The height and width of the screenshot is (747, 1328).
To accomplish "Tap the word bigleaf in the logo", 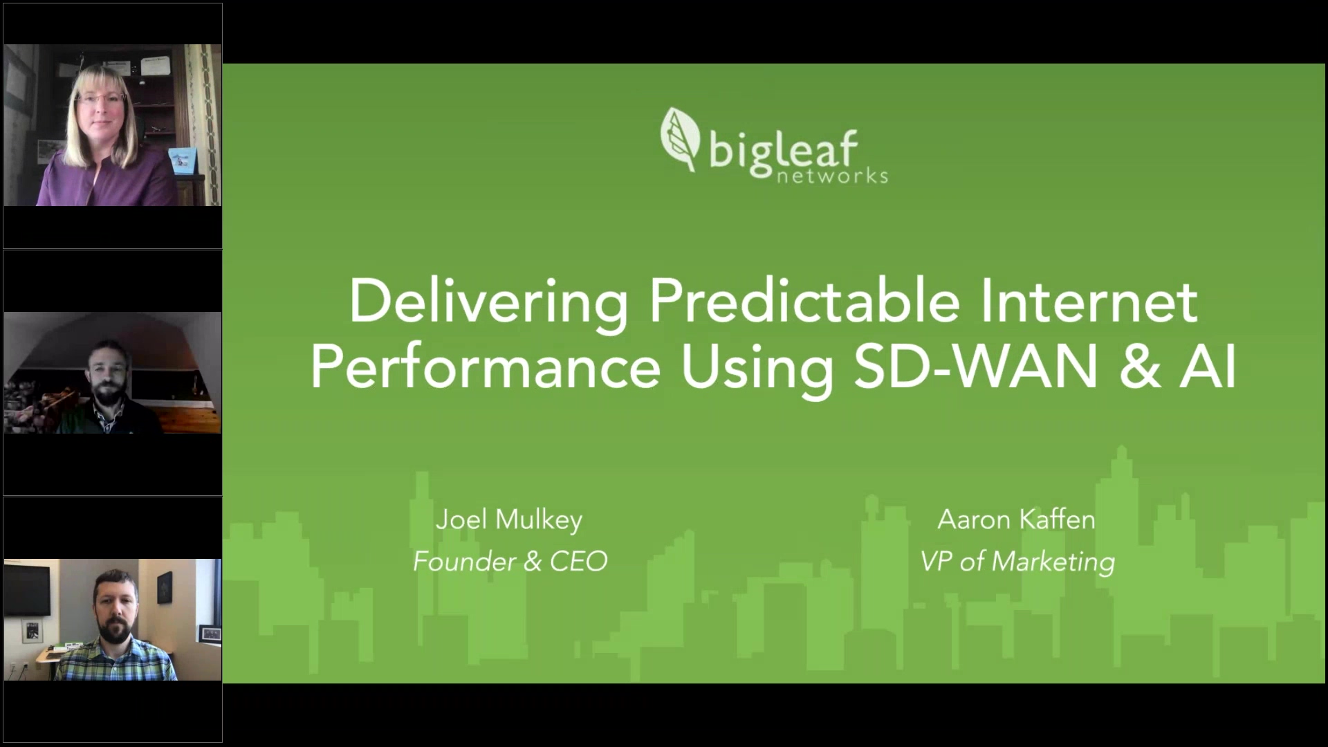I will tap(783, 151).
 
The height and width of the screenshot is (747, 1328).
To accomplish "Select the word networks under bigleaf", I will tap(832, 176).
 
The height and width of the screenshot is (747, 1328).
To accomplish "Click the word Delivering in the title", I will tap(488, 302).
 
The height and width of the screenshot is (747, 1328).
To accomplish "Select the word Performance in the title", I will tap(486, 367).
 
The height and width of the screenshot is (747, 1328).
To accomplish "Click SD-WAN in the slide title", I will tap(976, 367).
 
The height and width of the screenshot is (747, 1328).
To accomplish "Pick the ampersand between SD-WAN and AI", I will tap(1140, 367).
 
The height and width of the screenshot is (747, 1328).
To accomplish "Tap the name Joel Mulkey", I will tap(509, 519).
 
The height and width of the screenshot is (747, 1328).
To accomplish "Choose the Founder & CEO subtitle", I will tap(510, 561).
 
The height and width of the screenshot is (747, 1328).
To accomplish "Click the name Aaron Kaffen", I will tap(1016, 519).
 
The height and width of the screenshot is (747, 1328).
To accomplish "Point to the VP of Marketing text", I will tap(1017, 561).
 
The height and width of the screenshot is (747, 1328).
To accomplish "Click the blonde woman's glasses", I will tap(101, 99).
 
